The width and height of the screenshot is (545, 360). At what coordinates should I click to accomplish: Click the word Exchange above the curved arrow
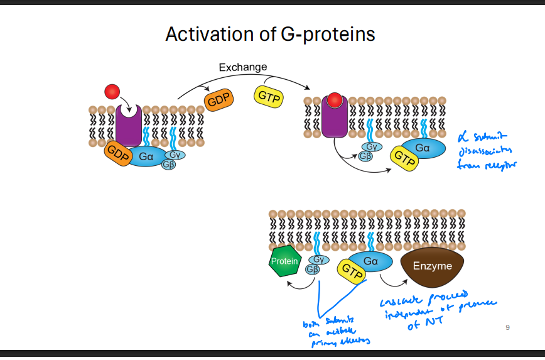pos(242,67)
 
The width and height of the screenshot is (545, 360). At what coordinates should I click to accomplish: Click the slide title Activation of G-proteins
pos(270,34)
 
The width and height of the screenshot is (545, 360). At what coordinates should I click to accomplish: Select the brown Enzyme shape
pos(432,266)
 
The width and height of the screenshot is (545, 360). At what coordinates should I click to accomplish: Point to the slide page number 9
pos(507,327)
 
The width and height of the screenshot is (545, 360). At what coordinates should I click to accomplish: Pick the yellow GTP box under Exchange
pos(269,97)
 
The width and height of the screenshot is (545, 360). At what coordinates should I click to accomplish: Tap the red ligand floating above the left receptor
pos(112,92)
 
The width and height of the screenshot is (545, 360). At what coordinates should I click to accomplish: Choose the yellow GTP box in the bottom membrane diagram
pos(352,271)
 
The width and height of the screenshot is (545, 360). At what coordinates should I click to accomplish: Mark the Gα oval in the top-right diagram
pos(422,148)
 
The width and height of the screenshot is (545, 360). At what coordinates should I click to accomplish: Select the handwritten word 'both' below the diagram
pos(311,324)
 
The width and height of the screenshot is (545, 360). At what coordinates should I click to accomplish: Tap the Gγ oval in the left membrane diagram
pos(174,155)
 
